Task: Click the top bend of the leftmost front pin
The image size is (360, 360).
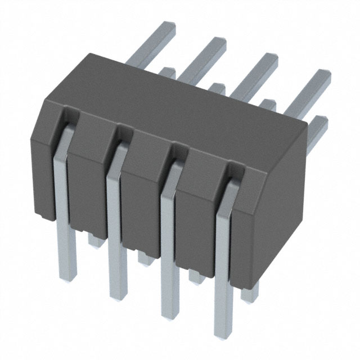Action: (x=63, y=127)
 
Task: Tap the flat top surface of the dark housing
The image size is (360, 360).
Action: (x=186, y=107)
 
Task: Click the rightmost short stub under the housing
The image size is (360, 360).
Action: (x=247, y=290)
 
